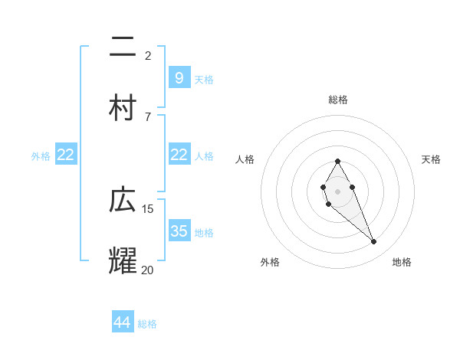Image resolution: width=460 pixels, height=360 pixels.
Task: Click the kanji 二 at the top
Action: [123, 47]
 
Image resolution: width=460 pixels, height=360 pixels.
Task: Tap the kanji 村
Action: [123, 107]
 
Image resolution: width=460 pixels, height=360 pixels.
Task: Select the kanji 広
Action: [123, 201]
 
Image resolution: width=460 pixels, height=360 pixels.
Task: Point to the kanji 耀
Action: [123, 260]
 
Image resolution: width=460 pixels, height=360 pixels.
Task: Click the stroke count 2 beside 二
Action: [148, 55]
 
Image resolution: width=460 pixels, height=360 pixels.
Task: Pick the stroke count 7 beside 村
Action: [148, 116]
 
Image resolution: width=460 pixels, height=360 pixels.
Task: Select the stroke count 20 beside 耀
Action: [148, 269]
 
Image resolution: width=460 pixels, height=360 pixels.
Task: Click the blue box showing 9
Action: [179, 78]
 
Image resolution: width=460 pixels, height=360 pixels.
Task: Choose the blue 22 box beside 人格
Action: [179, 155]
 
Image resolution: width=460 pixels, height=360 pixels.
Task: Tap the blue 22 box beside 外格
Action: [66, 155]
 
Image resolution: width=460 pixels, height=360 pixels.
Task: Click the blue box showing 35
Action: [179, 231]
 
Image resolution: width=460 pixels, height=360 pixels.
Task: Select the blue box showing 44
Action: [122, 322]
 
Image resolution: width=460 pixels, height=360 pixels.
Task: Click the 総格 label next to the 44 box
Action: [147, 324]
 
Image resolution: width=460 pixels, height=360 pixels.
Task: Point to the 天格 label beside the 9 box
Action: [204, 80]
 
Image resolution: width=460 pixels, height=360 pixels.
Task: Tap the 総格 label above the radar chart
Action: [337, 100]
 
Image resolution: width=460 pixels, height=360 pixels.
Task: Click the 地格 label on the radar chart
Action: [402, 262]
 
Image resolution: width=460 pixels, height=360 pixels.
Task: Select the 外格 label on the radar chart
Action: [270, 262]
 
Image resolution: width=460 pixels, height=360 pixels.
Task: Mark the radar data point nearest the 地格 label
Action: [374, 242]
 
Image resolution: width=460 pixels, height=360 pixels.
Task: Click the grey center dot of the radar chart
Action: [337, 190]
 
